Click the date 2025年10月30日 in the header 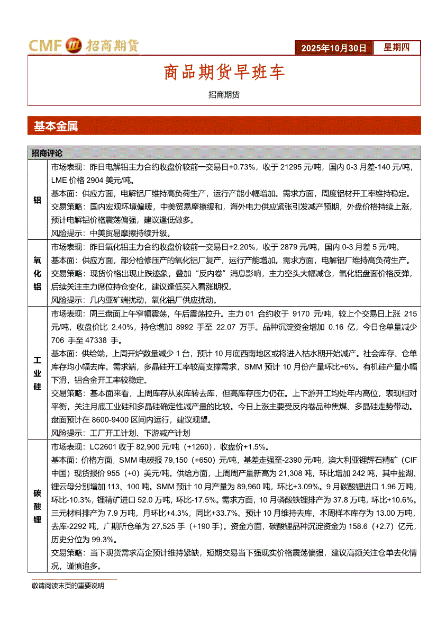[334, 48]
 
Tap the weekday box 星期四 [396, 47]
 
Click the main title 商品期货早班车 [224, 73]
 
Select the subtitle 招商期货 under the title [224, 95]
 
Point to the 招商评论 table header [47, 153]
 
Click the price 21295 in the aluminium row [290, 167]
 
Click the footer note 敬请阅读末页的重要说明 [68, 586]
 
